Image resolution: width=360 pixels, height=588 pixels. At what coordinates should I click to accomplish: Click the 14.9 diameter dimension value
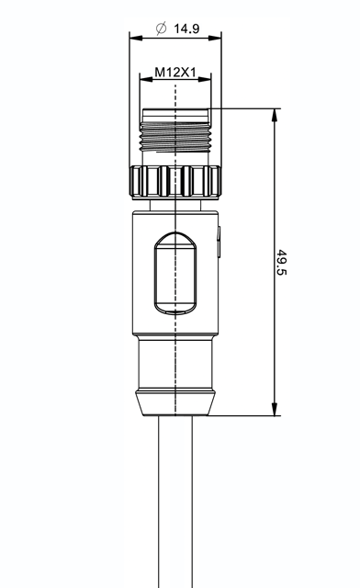pos(186,28)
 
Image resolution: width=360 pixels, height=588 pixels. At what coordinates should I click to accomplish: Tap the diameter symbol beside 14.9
pos(161,28)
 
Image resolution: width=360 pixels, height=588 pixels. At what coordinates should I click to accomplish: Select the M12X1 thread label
pos(175,72)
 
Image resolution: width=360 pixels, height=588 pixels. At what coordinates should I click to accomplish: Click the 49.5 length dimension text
pos(281,262)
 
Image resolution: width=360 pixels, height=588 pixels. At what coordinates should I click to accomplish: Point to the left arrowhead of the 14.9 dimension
pos(136,38)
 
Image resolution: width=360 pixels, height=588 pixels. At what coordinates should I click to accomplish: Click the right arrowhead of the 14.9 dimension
pos(215,38)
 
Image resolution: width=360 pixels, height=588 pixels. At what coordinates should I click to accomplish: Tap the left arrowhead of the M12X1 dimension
pos(146,79)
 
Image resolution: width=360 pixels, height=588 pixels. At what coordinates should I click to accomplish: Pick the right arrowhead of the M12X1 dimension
pos(205,79)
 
